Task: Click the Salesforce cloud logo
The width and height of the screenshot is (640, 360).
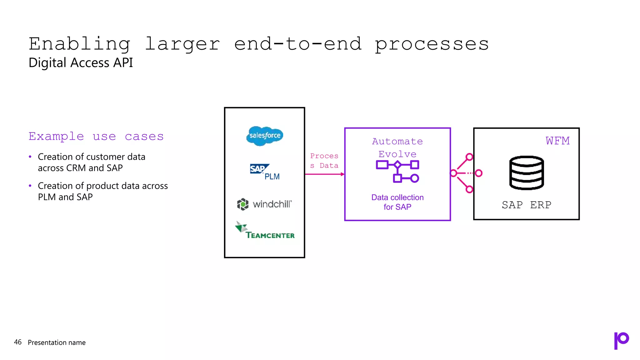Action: [x=264, y=136]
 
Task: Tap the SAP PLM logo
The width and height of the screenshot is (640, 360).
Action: [x=264, y=172]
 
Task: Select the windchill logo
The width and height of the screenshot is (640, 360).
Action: [x=264, y=204]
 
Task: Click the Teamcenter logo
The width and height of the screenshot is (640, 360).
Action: [x=265, y=231]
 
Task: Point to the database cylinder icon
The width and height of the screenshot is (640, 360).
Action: [x=527, y=173]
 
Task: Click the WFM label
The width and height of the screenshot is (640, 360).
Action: [x=557, y=141]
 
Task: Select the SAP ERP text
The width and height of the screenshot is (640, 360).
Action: [x=527, y=205]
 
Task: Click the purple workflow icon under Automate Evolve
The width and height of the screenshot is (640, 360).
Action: [x=397, y=171]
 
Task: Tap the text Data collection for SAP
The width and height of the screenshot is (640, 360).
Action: [x=397, y=202]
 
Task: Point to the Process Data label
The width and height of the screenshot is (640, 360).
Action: [x=324, y=161]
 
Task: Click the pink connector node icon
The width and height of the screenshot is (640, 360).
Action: [x=466, y=173]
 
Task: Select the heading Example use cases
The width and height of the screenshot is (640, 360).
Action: [x=96, y=137]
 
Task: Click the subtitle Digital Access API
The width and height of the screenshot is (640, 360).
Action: [x=81, y=62]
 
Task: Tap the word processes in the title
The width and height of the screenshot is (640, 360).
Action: [x=432, y=44]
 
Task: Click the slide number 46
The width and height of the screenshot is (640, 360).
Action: [x=18, y=342]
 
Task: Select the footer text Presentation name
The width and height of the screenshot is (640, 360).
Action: [x=57, y=342]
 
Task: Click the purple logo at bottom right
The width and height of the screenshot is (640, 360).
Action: [x=621, y=340]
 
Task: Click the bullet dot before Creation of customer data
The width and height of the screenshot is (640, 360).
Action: [x=30, y=157]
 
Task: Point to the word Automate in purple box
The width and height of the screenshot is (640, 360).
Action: [x=397, y=142]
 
